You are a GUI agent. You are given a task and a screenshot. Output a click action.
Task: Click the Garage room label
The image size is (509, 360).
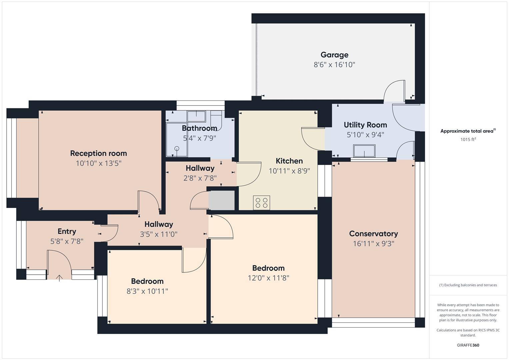click(x=334, y=55)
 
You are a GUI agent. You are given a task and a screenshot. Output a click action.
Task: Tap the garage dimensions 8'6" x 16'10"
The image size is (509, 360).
click(x=334, y=65)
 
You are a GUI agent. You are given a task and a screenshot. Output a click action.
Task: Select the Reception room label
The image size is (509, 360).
click(x=98, y=153)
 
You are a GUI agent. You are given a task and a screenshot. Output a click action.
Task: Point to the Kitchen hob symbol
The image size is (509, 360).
click(x=262, y=203)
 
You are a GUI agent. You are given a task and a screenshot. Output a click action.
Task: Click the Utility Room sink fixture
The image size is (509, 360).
click(x=364, y=151)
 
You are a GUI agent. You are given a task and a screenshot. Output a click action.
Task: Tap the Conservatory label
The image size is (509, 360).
click(x=373, y=234)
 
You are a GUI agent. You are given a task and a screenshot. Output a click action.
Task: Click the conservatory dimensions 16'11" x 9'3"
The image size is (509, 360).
click(x=373, y=244)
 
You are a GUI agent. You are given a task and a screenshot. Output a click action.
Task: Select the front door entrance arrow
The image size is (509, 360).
click(x=59, y=278)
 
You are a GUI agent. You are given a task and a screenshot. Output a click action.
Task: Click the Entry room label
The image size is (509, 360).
click(x=67, y=231)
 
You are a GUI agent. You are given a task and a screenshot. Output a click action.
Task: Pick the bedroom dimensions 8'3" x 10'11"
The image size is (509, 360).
click(x=147, y=291)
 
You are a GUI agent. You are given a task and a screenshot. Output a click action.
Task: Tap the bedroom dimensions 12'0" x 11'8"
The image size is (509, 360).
click(x=268, y=278)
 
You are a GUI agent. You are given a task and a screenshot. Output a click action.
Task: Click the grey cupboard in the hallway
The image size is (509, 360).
click(x=222, y=200)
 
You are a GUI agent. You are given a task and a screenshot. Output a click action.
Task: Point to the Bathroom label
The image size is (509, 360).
click(x=200, y=128)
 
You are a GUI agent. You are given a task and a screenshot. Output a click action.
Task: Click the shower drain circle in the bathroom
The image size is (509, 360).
click(x=177, y=149)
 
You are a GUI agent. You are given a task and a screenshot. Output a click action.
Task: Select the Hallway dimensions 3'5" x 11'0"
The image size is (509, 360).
click(x=159, y=234)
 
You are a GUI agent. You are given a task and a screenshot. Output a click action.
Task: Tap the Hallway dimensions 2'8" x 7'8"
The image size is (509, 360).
click(x=200, y=178)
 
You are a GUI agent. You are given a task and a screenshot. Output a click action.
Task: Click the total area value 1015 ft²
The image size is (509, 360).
click(x=468, y=139)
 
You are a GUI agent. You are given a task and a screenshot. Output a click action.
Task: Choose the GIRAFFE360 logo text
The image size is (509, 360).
click(x=468, y=345)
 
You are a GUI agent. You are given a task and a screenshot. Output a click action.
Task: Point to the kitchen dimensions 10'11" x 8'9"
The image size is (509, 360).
click(x=289, y=171)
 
